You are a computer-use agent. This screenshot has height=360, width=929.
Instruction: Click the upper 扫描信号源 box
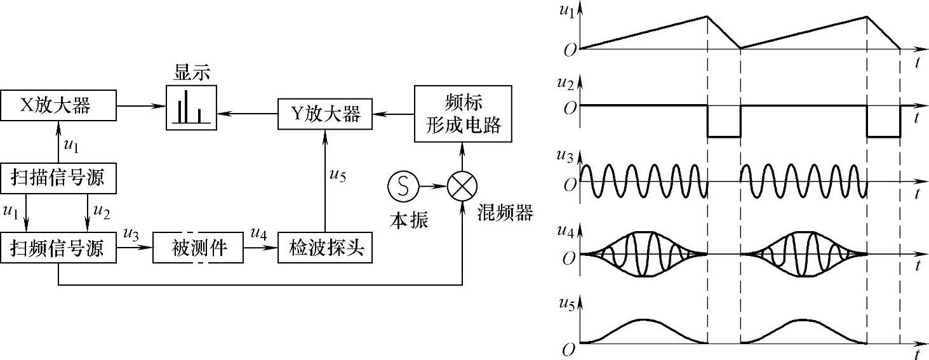(x=59, y=179)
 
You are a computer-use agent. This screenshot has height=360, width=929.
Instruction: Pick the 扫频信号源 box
(x=59, y=248)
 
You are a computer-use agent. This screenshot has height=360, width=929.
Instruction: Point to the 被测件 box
(x=199, y=248)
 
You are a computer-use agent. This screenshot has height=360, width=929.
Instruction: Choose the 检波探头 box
(x=324, y=248)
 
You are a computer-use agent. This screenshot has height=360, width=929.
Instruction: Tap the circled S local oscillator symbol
(x=402, y=187)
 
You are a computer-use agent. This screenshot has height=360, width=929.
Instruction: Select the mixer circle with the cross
(x=462, y=187)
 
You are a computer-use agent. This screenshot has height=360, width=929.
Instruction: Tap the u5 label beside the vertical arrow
(x=338, y=176)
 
